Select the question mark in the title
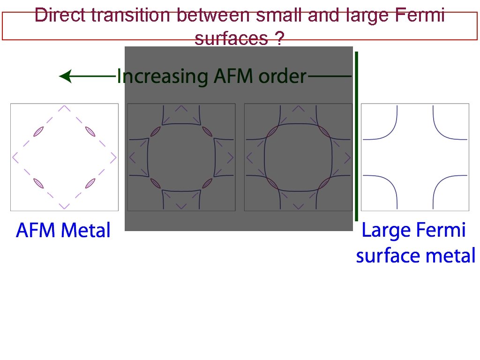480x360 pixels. [x=279, y=39]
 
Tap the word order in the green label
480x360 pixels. [x=283, y=76]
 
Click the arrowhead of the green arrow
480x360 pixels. [x=66, y=76]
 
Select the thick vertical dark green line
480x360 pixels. [x=357, y=136]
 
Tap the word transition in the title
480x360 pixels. [x=131, y=15]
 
